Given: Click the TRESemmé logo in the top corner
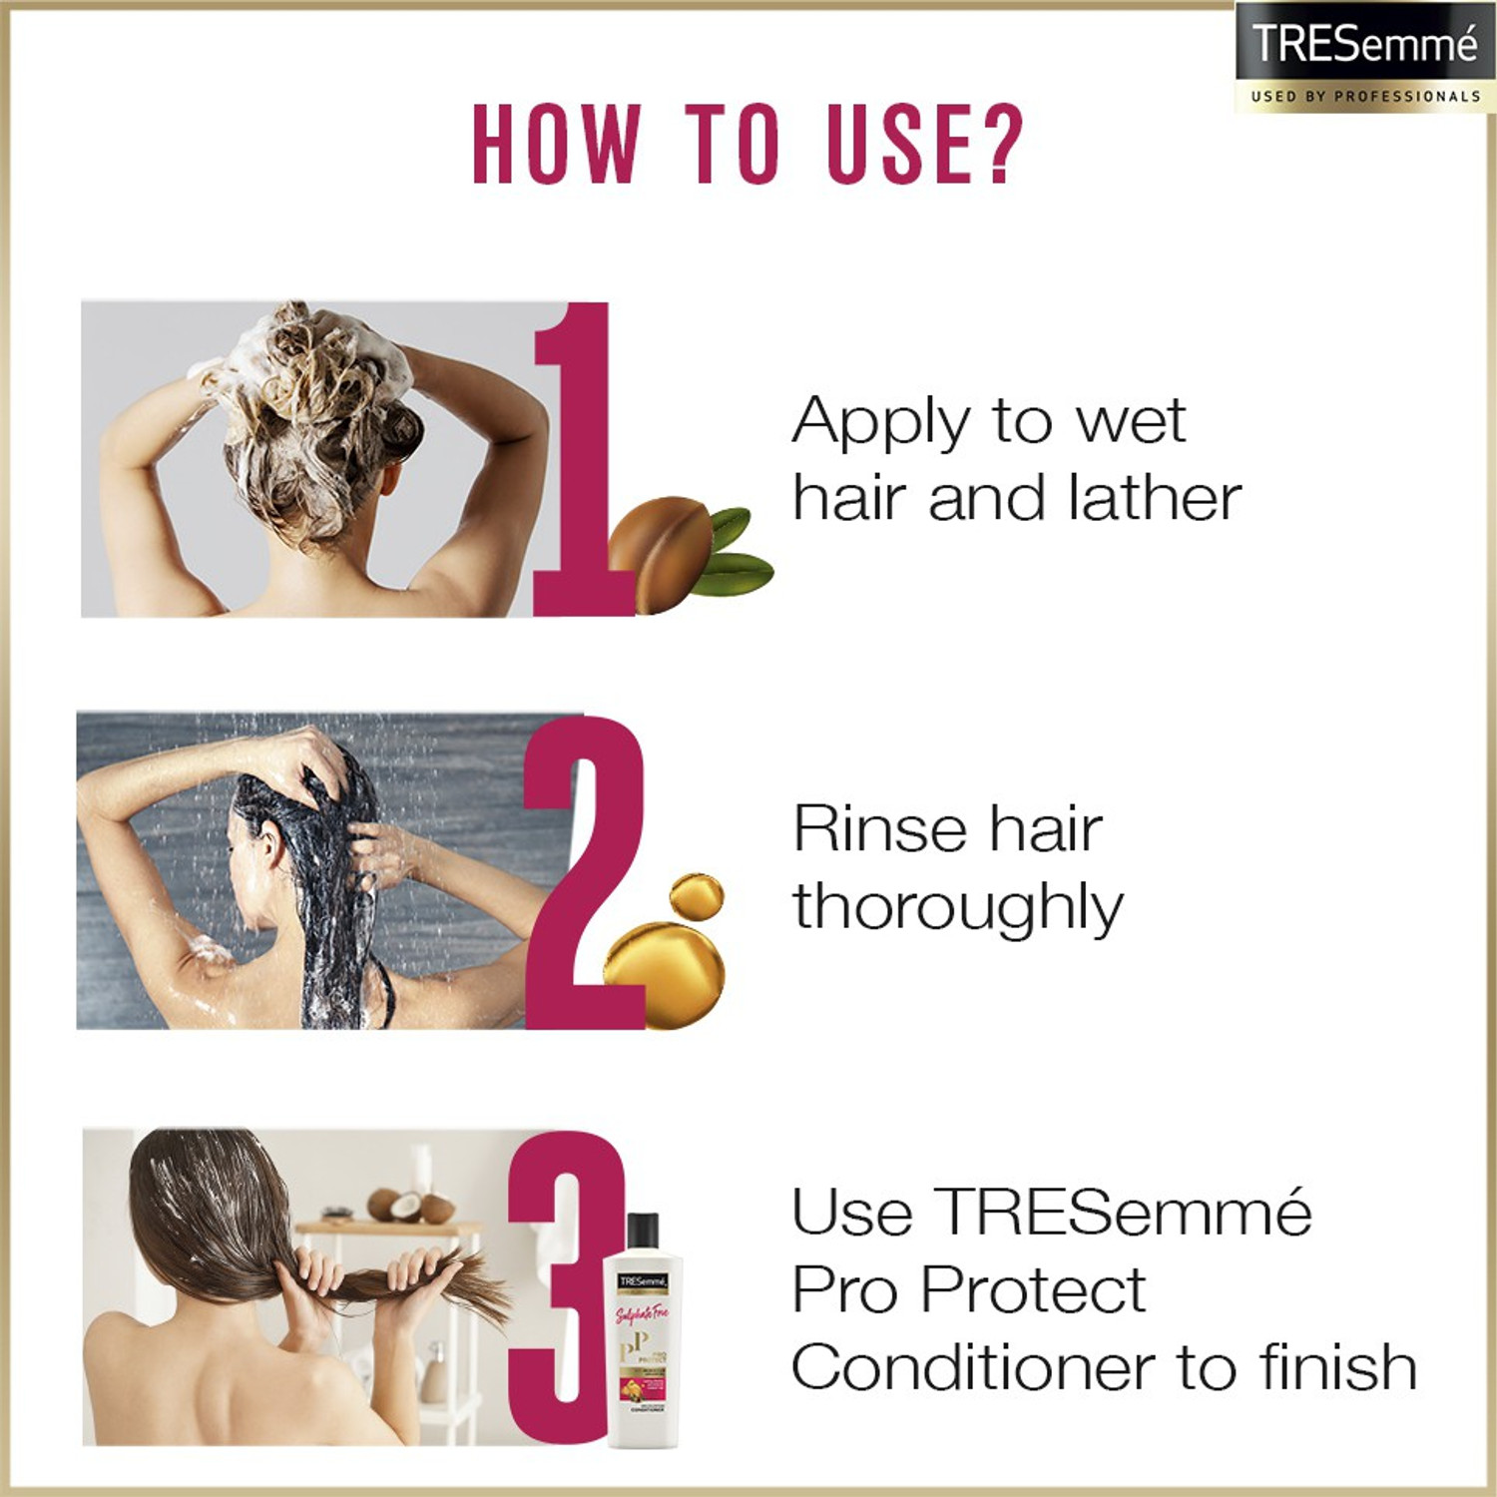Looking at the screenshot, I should click(x=1364, y=44).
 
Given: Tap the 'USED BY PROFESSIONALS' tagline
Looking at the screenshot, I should click(x=1364, y=97).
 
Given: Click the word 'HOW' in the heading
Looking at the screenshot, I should click(x=555, y=145).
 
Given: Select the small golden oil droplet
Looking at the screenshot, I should click(x=696, y=896).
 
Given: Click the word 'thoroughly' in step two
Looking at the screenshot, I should click(x=958, y=908).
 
